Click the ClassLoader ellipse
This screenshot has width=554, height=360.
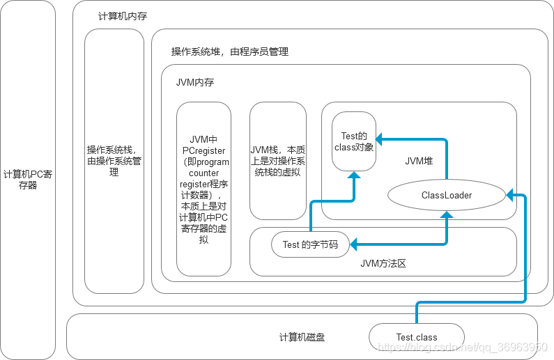click(446, 196)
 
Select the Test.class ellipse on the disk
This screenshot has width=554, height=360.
click(417, 338)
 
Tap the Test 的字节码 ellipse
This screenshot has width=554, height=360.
click(310, 244)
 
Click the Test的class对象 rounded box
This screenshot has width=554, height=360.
click(354, 141)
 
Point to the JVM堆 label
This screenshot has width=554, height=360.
click(419, 161)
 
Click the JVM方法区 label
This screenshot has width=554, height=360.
click(383, 263)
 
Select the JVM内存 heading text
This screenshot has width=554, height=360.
click(195, 82)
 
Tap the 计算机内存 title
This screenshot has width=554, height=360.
click(123, 16)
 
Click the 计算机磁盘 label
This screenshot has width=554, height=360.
click(302, 338)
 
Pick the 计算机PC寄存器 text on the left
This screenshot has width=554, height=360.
click(28, 180)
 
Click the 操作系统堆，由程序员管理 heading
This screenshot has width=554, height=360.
click(230, 52)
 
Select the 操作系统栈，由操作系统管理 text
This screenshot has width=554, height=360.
click(114, 161)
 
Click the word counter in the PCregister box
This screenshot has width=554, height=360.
click(203, 173)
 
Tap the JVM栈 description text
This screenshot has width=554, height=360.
click(278, 161)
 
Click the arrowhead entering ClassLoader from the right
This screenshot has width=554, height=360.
click(511, 191)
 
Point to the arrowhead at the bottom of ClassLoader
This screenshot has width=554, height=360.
click(447, 215)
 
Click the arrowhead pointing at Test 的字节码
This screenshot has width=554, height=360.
click(355, 244)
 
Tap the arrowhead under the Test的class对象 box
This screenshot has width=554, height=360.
click(354, 175)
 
